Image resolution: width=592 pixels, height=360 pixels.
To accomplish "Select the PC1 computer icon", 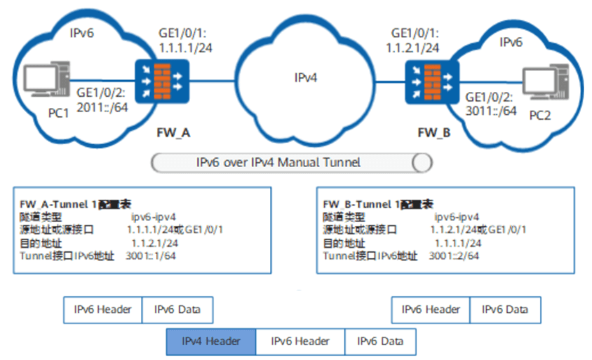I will tap(36, 84).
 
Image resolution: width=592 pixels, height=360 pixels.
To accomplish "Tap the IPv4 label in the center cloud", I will tap(305, 77).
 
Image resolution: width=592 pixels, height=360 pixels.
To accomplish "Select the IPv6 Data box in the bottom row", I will tap(379, 342).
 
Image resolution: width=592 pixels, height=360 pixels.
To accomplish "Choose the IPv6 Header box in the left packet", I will tap(102, 309).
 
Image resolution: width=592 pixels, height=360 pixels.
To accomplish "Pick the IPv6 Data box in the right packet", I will tap(506, 309).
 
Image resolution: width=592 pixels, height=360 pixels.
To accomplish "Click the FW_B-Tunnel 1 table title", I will tap(375, 203).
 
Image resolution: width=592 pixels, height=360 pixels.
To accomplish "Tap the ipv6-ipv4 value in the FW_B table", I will tap(457, 217).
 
